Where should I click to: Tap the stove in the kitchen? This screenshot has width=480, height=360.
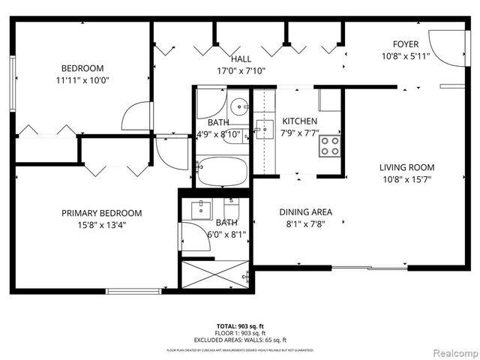pos(330,145)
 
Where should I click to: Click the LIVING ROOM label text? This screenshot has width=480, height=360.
pos(406,167)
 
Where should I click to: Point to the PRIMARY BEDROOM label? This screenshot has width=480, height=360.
pos(101,213)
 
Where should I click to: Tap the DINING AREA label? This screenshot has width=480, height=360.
pos(305,211)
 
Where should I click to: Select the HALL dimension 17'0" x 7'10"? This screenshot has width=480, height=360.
pos(241,70)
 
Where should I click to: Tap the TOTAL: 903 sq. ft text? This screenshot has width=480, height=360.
pos(240,326)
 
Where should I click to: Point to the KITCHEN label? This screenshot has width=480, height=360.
pos(299,121)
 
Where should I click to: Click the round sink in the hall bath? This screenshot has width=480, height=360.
pos(238,106)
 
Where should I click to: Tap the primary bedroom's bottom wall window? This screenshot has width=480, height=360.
pos(133,291)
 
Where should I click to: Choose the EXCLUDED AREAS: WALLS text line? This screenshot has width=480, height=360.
pos(240,340)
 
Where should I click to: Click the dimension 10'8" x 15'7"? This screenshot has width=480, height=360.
pos(406,179)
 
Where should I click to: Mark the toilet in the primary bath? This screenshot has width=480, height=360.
pos(231,211)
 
